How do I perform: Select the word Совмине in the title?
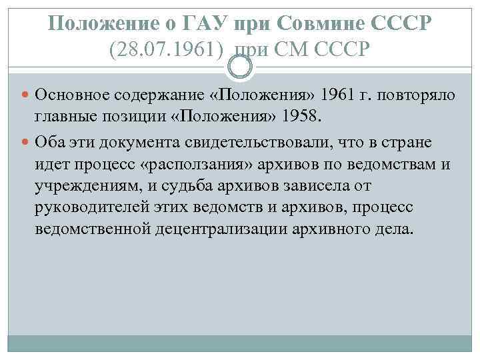tap(309, 24)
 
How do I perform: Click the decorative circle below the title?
tap(241, 66)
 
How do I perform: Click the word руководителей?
tap(85, 208)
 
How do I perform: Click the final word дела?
tap(397, 230)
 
